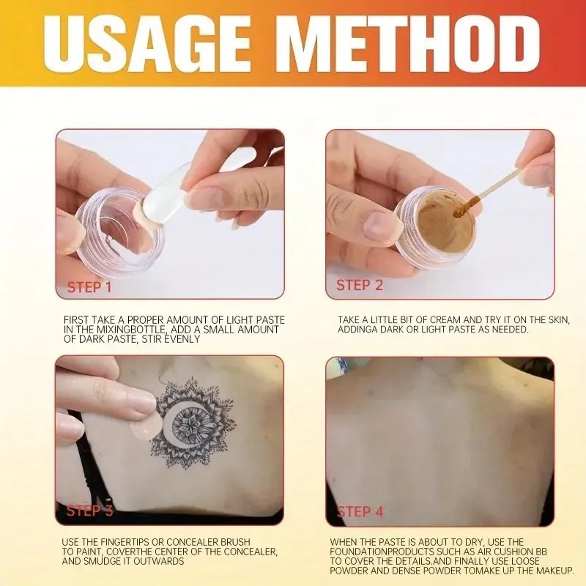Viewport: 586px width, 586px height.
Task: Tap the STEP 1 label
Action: tap(89, 287)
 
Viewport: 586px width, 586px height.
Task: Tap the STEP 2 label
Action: tap(359, 285)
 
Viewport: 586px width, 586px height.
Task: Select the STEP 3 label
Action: tap(89, 511)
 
